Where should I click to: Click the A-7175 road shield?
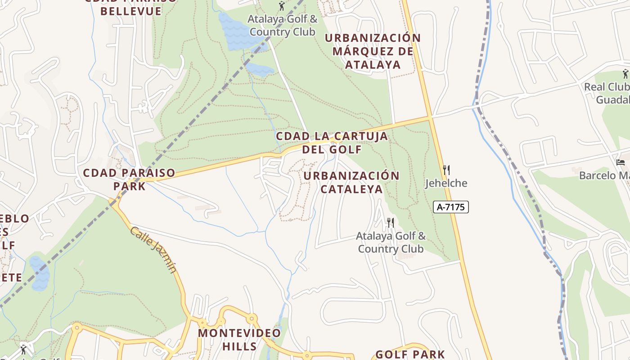451,207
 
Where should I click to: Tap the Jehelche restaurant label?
446,183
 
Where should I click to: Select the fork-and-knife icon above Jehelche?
446,170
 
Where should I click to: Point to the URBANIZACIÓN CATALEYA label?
351,182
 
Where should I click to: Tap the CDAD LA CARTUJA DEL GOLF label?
332,143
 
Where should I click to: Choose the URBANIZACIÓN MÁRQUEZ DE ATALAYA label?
373,51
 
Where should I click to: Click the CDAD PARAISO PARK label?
129,179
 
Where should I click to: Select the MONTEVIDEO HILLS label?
239,340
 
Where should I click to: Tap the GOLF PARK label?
410,355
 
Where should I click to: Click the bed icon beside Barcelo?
621,162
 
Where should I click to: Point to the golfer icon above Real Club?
625,73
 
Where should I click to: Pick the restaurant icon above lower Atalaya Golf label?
391,222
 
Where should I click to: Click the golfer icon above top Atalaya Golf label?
282,6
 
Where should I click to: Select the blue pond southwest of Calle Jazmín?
40,273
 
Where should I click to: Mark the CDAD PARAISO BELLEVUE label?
131,6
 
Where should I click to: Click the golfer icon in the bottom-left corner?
24,349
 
